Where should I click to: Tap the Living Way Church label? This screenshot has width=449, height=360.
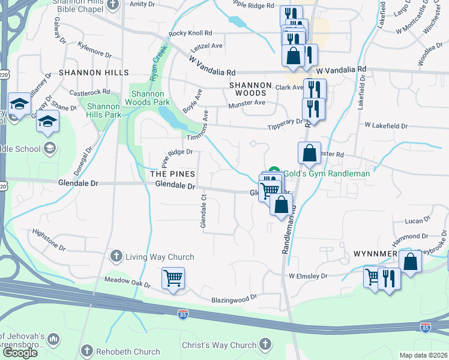point(159,257)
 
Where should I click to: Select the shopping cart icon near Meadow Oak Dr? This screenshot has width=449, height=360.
point(173,278)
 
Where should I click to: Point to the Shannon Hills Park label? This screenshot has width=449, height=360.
point(104,110)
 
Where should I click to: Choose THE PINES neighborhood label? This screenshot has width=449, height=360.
point(172,174)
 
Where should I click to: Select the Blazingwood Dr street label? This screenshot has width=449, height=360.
point(234,297)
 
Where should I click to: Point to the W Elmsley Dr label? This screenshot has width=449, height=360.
point(308,276)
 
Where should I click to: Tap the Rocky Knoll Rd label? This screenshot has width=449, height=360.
point(191,33)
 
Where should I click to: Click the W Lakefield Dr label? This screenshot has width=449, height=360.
point(386,126)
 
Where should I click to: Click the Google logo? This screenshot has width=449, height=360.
point(20,353)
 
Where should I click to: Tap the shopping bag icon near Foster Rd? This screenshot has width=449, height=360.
point(309,154)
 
